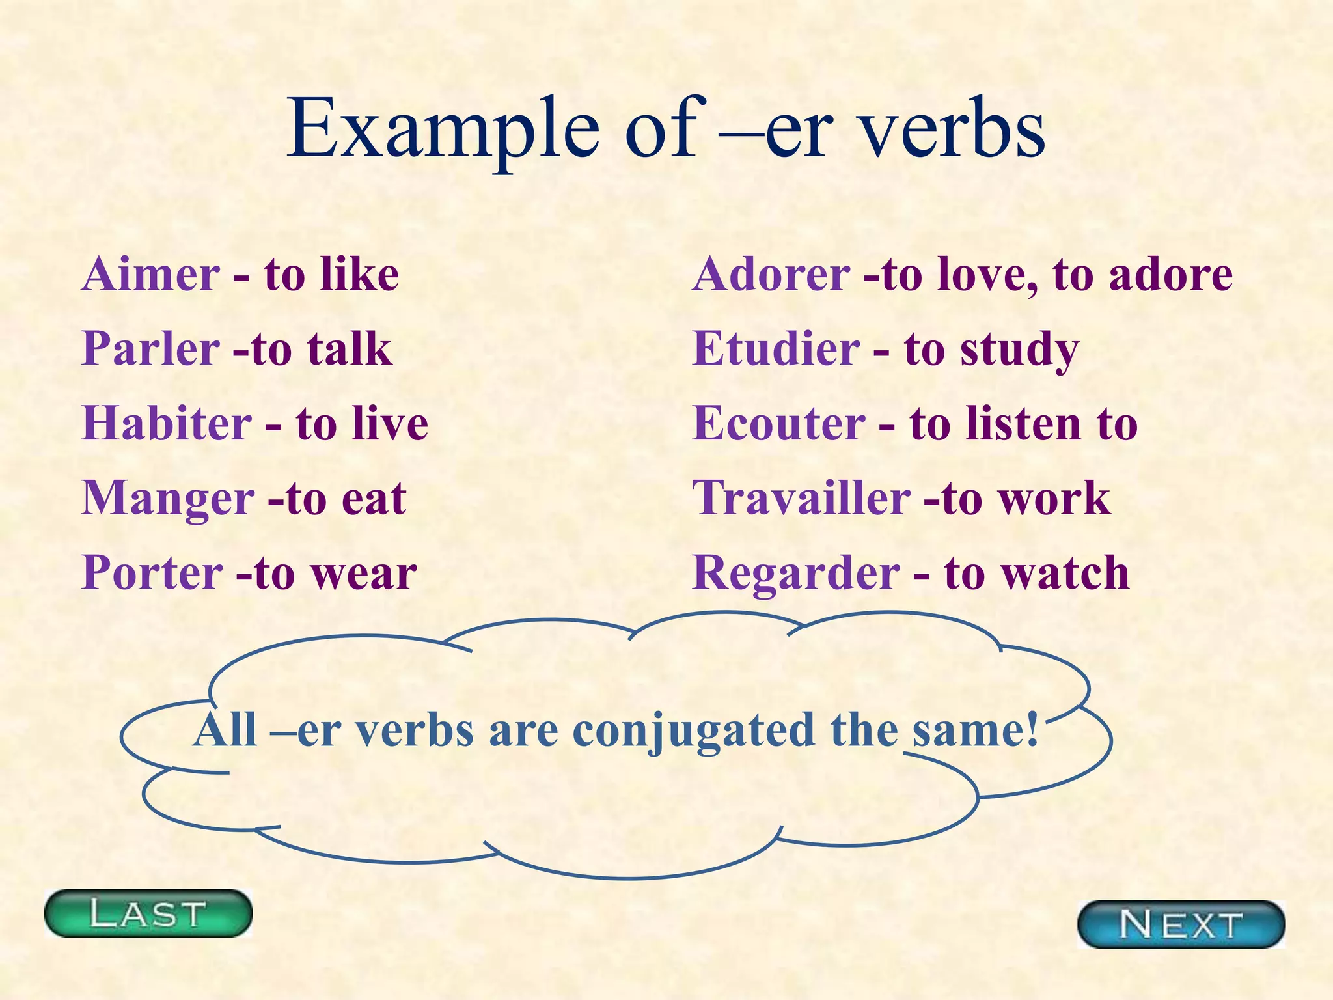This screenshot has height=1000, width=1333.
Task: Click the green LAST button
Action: [148, 913]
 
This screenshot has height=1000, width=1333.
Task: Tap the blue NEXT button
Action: [1181, 924]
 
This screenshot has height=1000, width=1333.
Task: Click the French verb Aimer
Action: [151, 274]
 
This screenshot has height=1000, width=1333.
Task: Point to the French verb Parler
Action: [151, 349]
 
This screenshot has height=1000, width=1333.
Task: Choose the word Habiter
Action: [167, 424]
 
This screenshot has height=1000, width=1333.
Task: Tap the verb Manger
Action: [168, 499]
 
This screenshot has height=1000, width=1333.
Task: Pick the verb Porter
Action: [153, 574]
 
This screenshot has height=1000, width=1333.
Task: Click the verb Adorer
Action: [771, 274]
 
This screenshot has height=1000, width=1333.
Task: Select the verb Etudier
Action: [776, 349]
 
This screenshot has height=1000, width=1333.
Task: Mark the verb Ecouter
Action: [779, 424]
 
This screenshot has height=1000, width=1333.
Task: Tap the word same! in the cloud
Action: [974, 730]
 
